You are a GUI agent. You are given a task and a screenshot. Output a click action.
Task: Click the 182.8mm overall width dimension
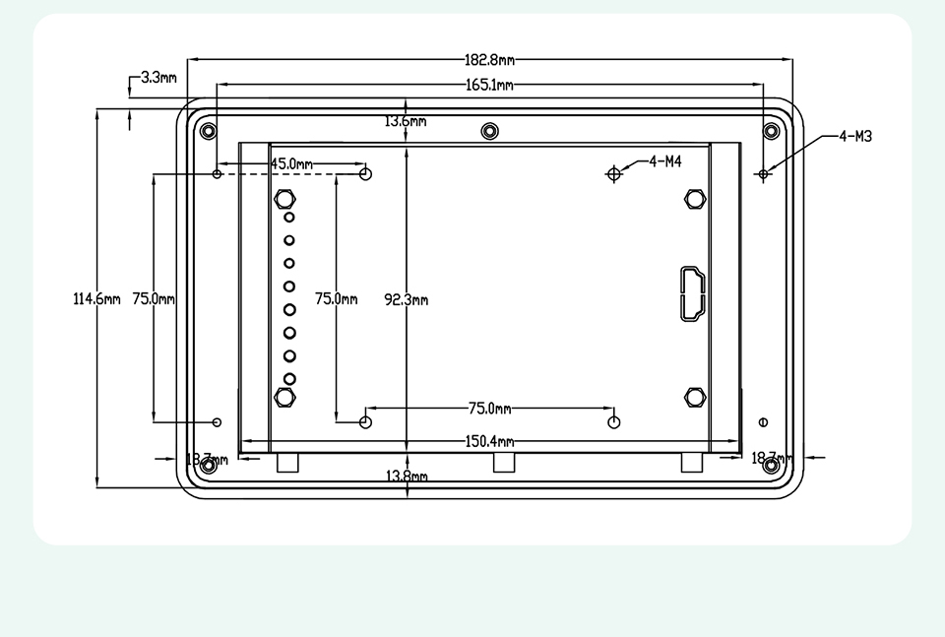[x=489, y=61]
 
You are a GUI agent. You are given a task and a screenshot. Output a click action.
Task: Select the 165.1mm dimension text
[x=489, y=86]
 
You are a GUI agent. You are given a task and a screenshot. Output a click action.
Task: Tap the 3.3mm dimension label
[x=158, y=77]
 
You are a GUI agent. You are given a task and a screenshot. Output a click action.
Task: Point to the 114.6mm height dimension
[x=96, y=299]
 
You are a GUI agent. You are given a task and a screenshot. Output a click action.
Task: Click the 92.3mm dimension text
[x=406, y=299]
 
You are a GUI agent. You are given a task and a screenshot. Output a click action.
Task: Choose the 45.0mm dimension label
[x=291, y=163]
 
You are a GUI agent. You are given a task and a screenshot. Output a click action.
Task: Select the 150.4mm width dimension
[x=489, y=442]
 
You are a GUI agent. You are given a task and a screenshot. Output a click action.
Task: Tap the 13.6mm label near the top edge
[x=406, y=121]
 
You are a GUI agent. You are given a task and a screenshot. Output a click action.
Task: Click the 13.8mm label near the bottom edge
[x=406, y=477]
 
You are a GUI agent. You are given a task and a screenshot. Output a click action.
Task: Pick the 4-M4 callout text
[x=665, y=161]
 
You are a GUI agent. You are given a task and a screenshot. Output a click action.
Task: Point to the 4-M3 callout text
[x=855, y=137]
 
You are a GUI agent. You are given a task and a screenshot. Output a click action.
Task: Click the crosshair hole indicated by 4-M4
[x=614, y=173]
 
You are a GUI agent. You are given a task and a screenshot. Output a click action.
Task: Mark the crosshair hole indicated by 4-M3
[x=764, y=174]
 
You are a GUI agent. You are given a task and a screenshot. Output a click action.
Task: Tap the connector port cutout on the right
[x=689, y=293]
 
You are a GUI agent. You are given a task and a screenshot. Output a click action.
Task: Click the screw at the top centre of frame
[x=490, y=131]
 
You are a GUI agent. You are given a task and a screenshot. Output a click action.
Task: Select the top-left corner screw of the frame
[x=208, y=131]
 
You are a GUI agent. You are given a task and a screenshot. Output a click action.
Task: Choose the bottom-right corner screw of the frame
[x=771, y=465]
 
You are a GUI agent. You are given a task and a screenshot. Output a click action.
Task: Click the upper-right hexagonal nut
[x=695, y=199]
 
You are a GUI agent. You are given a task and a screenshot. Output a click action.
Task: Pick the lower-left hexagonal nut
[x=284, y=397]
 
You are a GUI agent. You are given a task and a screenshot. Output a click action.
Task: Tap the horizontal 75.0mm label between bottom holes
[x=489, y=408]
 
